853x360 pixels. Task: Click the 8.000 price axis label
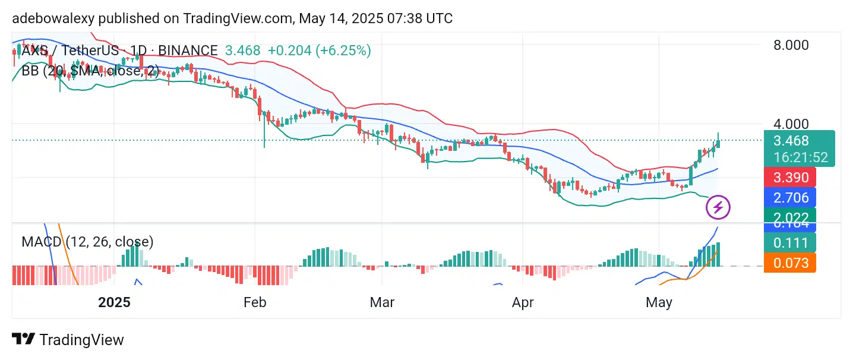(x=791, y=45)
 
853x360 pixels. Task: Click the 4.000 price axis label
(x=791, y=124)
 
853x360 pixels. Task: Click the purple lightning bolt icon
(x=718, y=207)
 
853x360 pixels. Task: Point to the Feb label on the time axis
(x=255, y=302)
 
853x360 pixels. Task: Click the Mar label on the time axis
(x=382, y=302)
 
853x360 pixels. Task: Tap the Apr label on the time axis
(x=523, y=302)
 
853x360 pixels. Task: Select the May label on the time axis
(x=659, y=302)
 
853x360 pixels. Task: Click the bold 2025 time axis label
(x=114, y=302)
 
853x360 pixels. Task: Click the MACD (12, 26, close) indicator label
(x=87, y=242)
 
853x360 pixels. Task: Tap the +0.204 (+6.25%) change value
(x=319, y=50)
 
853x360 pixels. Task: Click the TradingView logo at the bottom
(x=68, y=340)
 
